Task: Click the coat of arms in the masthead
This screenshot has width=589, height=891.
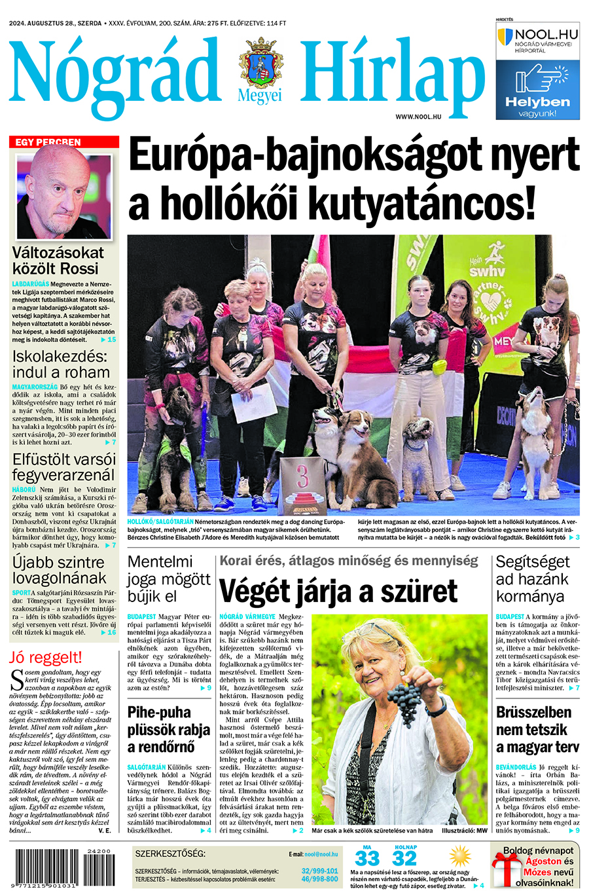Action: (261, 64)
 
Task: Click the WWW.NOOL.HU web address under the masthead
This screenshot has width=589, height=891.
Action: (418, 116)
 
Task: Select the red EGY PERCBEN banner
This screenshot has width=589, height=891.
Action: (64, 142)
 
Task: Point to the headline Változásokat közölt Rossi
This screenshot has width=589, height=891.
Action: (58, 260)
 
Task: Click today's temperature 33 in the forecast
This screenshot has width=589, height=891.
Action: (367, 858)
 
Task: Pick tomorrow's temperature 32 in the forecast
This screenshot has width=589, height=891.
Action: (404, 858)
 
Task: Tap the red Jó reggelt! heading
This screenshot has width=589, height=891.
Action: (46, 657)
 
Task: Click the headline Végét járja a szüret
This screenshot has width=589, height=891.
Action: (338, 591)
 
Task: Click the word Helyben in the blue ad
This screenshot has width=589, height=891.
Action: (537, 102)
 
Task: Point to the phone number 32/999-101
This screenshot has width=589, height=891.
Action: (319, 871)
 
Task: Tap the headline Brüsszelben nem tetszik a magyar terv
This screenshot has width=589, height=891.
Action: (533, 729)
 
